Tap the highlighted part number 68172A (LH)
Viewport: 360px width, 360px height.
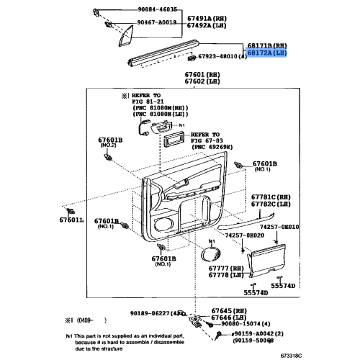[x=266, y=53]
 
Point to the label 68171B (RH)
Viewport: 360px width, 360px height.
[x=266, y=45]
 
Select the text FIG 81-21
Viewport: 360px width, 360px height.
[x=138, y=102]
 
